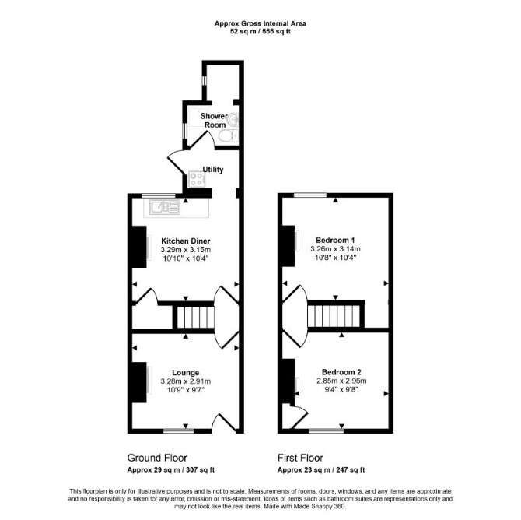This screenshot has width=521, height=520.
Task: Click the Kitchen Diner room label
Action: [186, 241]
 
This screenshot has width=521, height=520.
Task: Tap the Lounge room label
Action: [185, 373]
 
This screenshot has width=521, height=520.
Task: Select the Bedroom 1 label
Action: [335, 240]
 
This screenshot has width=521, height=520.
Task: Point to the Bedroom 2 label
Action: [341, 372]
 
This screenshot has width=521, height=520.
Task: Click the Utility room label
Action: [213, 170]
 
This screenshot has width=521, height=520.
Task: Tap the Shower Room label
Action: [215, 121]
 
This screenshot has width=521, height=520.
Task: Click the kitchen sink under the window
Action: [165, 207]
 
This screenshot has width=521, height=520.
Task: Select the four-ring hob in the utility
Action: [197, 179]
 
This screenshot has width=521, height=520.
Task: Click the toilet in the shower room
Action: [229, 135]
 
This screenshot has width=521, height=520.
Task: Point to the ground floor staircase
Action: [195, 317]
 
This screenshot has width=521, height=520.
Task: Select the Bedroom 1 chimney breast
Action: [288, 246]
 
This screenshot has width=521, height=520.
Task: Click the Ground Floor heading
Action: [157, 458]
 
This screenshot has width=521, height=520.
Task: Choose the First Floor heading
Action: [300, 458]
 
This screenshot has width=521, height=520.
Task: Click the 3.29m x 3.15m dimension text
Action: [186, 250]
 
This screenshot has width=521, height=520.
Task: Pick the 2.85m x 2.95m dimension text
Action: [341, 381]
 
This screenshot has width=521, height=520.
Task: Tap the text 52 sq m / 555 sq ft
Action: [260, 32]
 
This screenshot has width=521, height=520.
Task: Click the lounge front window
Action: [178, 431]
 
